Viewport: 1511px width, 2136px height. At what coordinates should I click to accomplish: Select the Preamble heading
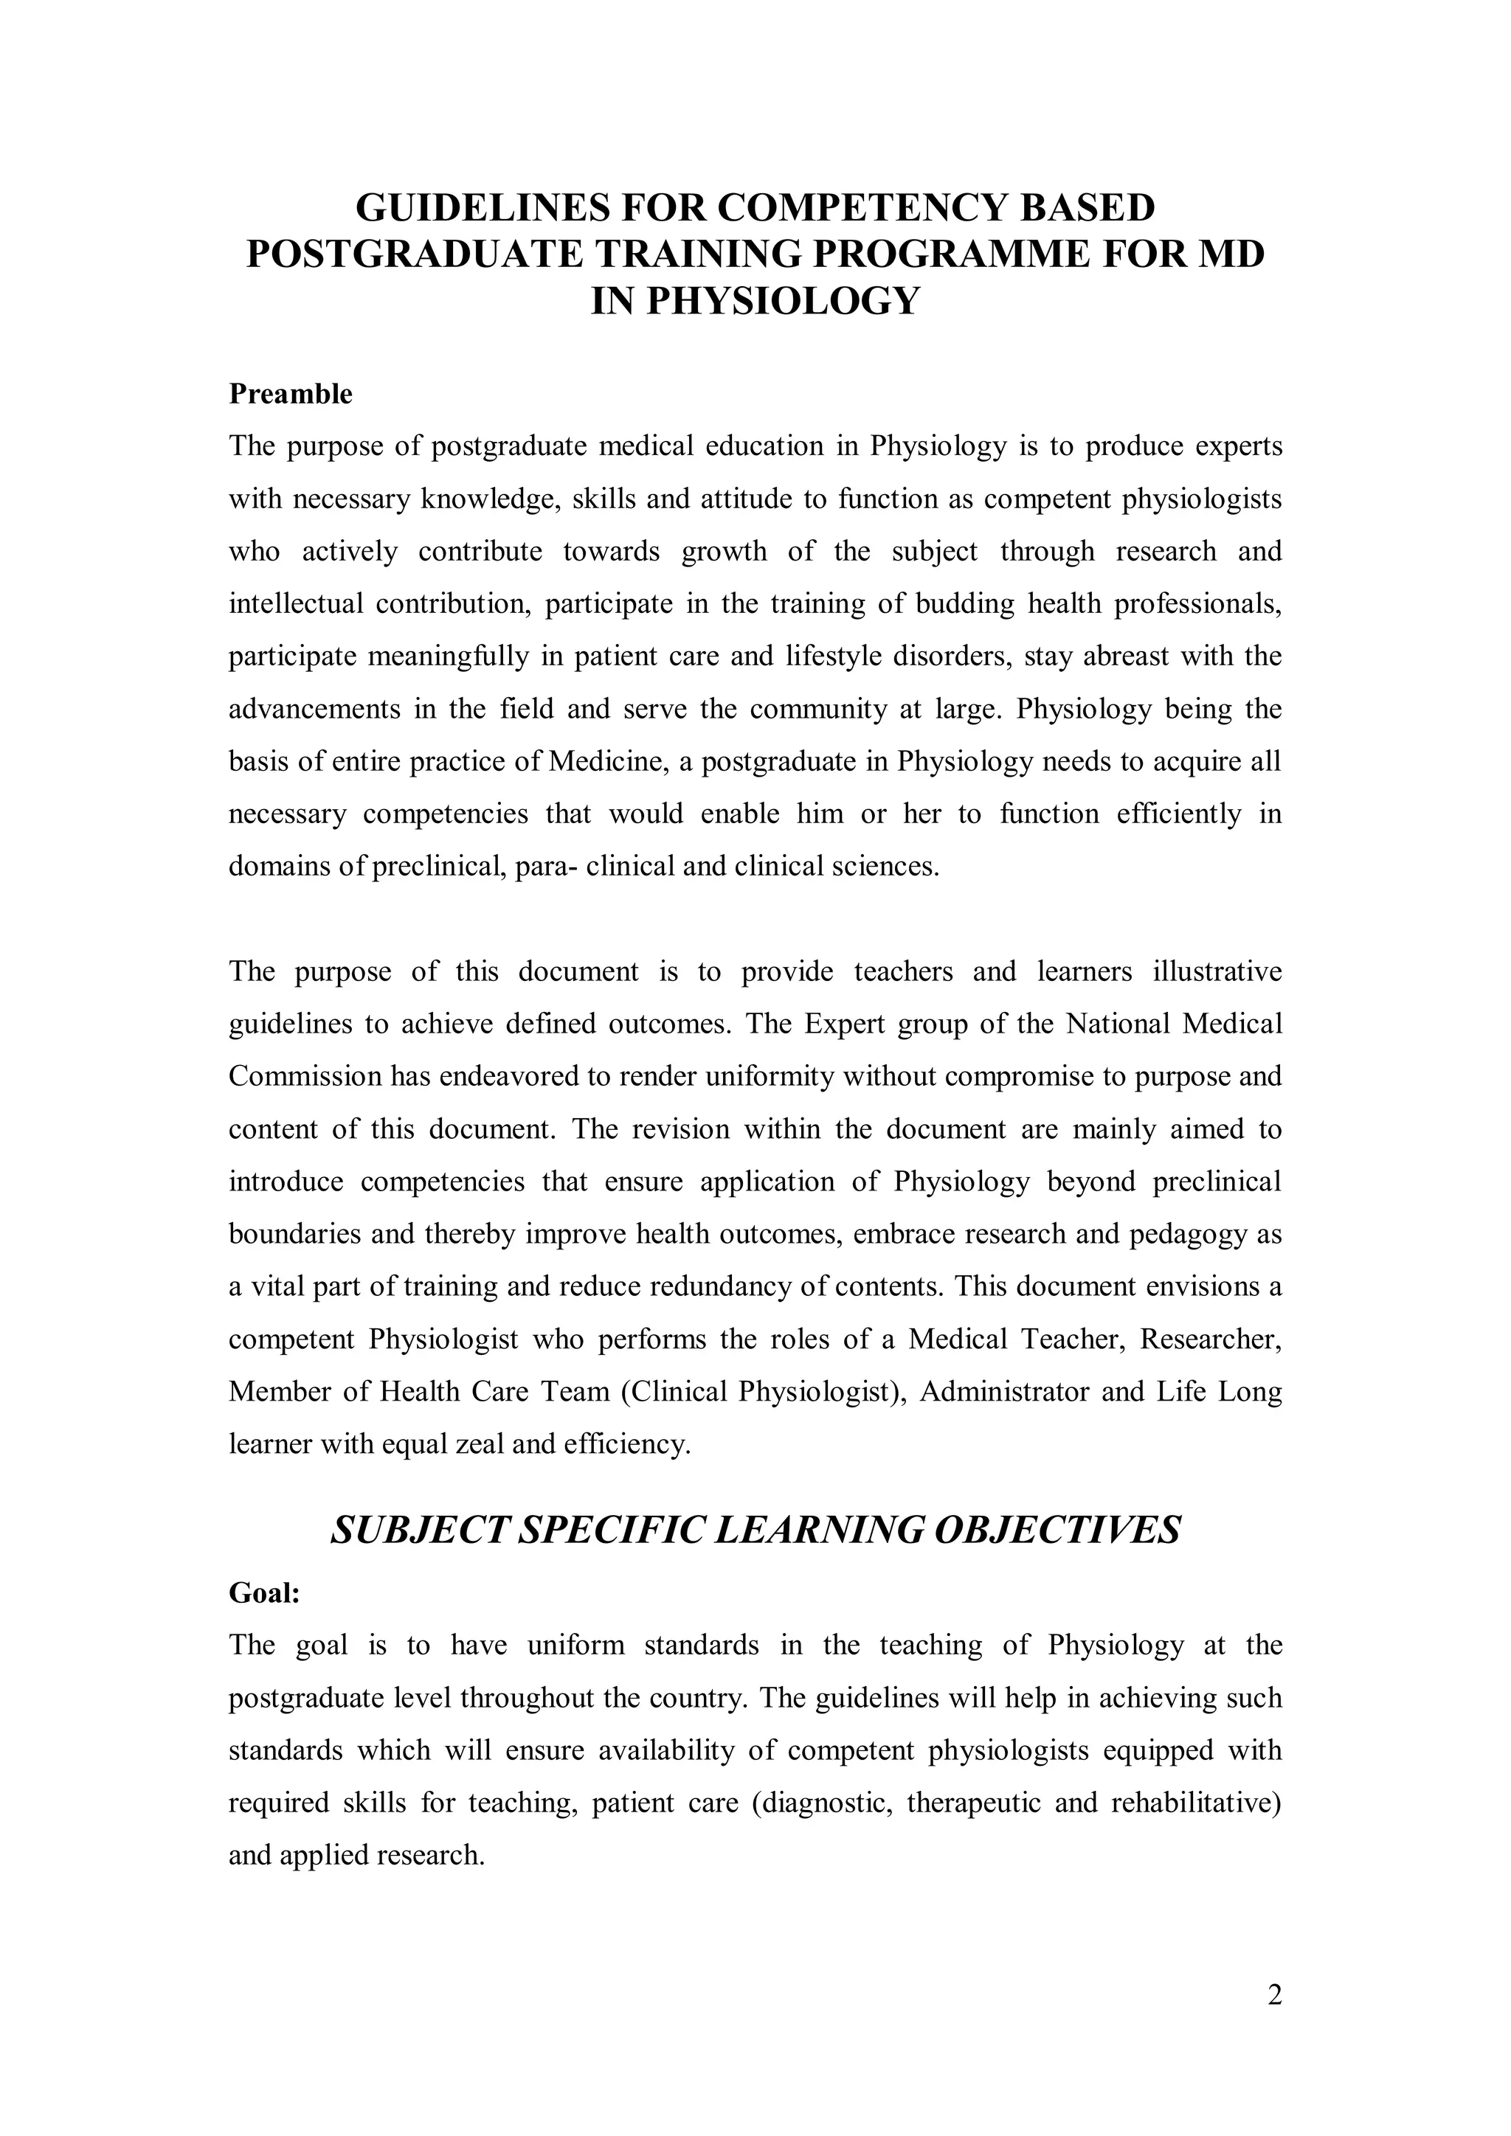tap(290, 395)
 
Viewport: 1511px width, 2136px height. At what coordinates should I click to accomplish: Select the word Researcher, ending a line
tap(1211, 1339)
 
